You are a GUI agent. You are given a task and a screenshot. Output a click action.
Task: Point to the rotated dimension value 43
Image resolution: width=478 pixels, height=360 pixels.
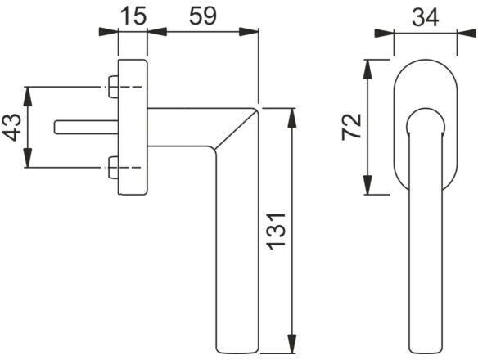tap(12, 128)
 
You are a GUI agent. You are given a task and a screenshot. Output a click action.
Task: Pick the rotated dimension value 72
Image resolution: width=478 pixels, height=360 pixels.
tap(351, 127)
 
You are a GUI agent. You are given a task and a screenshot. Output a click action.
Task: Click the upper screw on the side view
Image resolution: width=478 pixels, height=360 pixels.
tap(113, 84)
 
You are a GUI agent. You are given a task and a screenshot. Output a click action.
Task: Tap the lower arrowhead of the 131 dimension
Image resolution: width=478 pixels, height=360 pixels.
tap(291, 344)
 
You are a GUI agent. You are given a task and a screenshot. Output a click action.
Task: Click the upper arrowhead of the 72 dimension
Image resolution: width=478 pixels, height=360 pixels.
tap(368, 65)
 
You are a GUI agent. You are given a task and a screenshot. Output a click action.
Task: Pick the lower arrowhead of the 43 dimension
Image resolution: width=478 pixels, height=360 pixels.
tap(28, 163)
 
